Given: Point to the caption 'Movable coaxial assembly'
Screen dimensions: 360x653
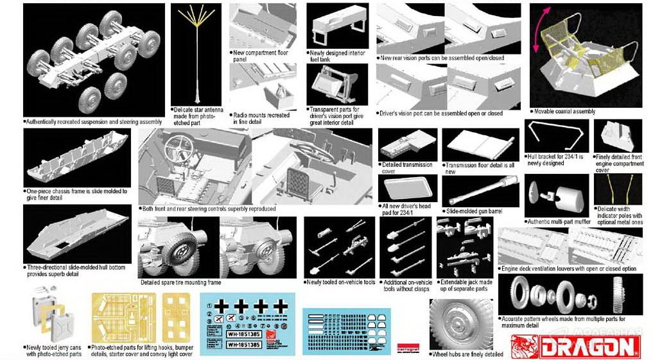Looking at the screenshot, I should [x=564, y=112].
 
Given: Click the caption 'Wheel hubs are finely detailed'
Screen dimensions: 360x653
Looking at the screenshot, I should [x=467, y=354].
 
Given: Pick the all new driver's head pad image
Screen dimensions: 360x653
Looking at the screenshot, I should [x=407, y=189].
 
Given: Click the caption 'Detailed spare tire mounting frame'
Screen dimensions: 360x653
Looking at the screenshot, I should [x=180, y=282].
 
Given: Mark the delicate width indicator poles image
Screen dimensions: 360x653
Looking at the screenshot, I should [x=618, y=189].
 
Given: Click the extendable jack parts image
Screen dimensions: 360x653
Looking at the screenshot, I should [x=464, y=246].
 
